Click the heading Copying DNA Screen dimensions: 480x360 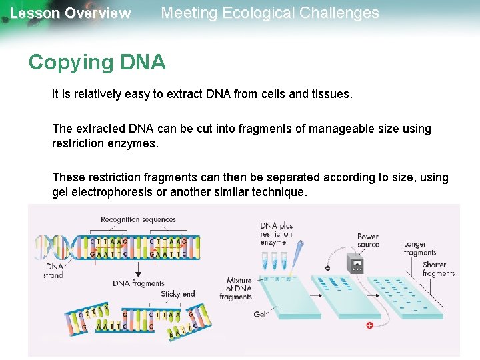pyautogui.click(x=97, y=62)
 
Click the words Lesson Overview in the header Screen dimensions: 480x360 pyautogui.click(x=71, y=13)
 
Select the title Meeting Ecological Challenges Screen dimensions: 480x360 pyautogui.click(x=270, y=13)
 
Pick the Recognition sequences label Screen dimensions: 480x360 pyautogui.click(x=138, y=219)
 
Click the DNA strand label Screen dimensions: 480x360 pyautogui.click(x=53, y=270)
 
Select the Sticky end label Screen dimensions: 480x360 pyautogui.click(x=177, y=293)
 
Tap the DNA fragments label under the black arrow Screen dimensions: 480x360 pyautogui.click(x=138, y=283)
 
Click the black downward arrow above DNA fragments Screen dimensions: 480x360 pyautogui.click(x=138, y=269)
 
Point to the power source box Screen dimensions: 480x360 pyautogui.click(x=356, y=265)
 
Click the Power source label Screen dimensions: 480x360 pyautogui.click(x=367, y=240)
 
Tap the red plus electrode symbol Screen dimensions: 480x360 pyautogui.click(x=369, y=325)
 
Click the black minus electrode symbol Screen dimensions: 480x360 pyautogui.click(x=327, y=268)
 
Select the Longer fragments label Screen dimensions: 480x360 pyautogui.click(x=419, y=248)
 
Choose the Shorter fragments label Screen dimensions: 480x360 pyautogui.click(x=438, y=269)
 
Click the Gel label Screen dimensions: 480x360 pyautogui.click(x=259, y=314)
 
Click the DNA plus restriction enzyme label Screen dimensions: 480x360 pyautogui.click(x=276, y=234)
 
